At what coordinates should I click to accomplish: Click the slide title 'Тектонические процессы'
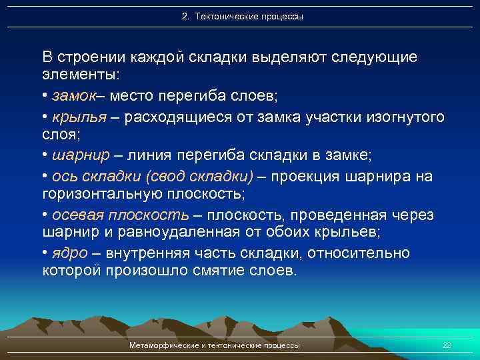point(249,17)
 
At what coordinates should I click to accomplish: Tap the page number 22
point(447,345)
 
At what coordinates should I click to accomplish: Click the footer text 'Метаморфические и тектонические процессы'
point(214,345)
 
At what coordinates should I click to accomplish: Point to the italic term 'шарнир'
point(79,156)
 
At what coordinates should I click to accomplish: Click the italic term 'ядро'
point(69,253)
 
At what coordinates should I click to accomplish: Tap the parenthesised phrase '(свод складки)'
point(204,176)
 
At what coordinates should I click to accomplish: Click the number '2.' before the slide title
point(185,17)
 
